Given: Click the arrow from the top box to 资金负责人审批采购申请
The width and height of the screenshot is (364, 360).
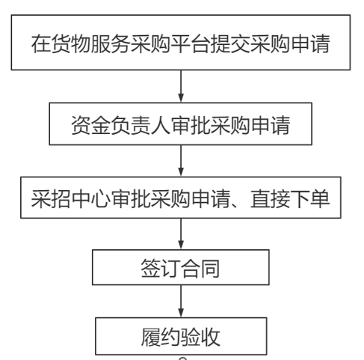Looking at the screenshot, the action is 181,86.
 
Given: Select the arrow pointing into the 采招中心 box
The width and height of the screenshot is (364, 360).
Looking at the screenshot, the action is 181,160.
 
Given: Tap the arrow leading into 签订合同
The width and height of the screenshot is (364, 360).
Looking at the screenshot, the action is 181,234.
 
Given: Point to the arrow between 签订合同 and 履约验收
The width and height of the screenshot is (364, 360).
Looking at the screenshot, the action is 181,301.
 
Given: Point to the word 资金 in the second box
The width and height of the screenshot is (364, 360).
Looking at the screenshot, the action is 91,126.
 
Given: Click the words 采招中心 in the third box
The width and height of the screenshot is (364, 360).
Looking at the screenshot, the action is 71,199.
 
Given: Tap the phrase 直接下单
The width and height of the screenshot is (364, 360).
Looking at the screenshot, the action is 290,199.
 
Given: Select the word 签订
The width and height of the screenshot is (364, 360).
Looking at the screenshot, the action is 161,269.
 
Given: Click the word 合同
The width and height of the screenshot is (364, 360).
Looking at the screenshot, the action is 200,269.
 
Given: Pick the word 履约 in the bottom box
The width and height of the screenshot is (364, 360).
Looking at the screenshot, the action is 161,337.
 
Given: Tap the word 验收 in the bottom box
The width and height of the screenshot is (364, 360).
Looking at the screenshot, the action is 200,337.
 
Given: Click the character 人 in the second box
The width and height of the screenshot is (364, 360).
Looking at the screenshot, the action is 161,126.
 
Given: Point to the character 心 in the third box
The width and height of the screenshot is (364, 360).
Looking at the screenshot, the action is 101,199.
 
